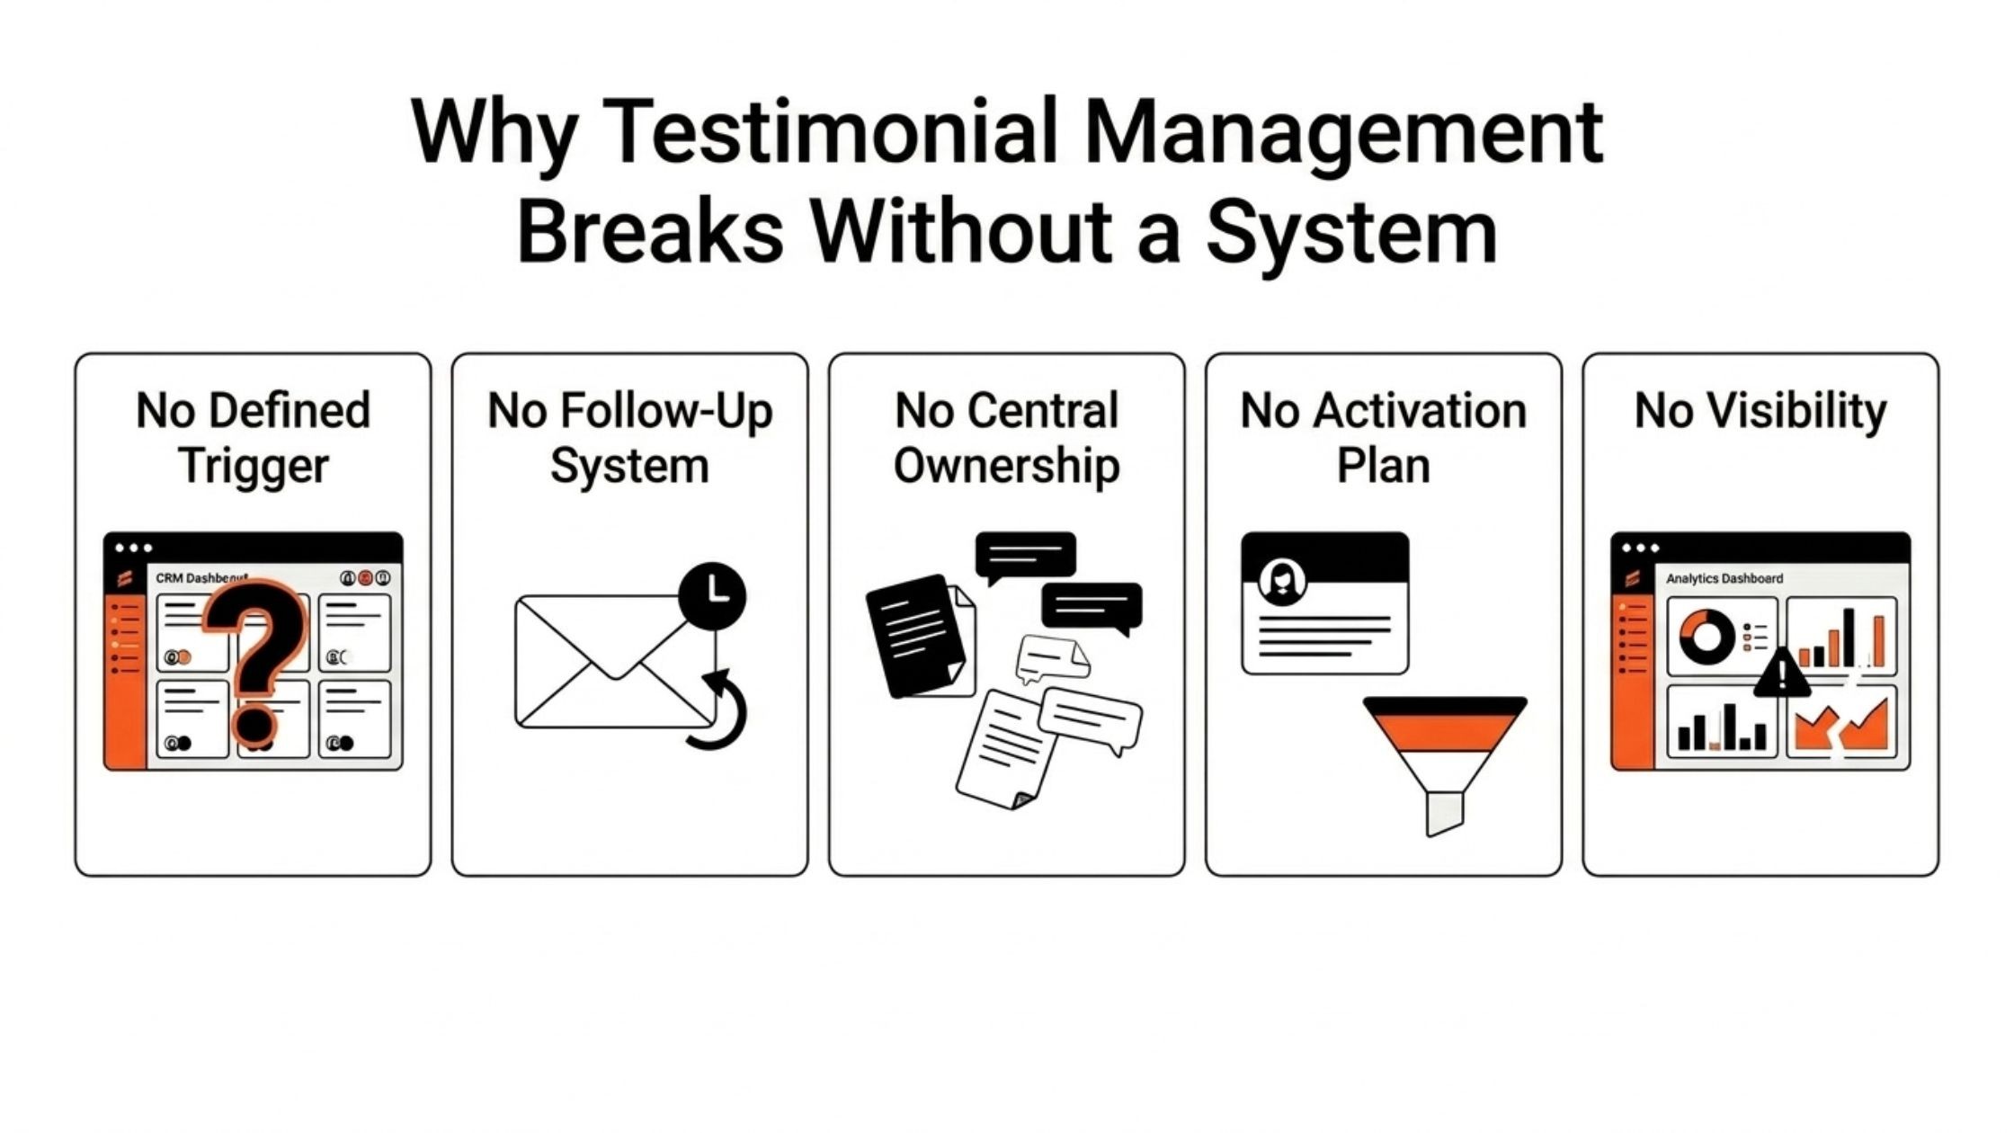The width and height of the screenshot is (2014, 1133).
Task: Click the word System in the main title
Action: click(x=1350, y=232)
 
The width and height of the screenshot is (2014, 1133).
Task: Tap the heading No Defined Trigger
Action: click(x=253, y=438)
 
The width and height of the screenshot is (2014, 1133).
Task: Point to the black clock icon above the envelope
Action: click(x=712, y=594)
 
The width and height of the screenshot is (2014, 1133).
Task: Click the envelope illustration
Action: click(x=611, y=662)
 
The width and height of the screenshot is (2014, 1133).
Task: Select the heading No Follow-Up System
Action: click(x=629, y=438)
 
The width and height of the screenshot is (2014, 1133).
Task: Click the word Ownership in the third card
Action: click(x=1006, y=466)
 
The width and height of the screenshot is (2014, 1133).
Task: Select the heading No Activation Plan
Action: click(x=1383, y=438)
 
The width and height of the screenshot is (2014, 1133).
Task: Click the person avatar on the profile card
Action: click(x=1282, y=581)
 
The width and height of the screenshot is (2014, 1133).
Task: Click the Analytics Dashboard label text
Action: click(x=1724, y=578)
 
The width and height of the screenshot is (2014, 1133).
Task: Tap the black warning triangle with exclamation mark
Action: click(x=1781, y=675)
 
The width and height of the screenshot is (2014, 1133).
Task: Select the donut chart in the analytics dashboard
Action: click(x=1706, y=637)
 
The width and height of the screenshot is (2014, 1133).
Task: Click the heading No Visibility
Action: click(x=1760, y=411)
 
